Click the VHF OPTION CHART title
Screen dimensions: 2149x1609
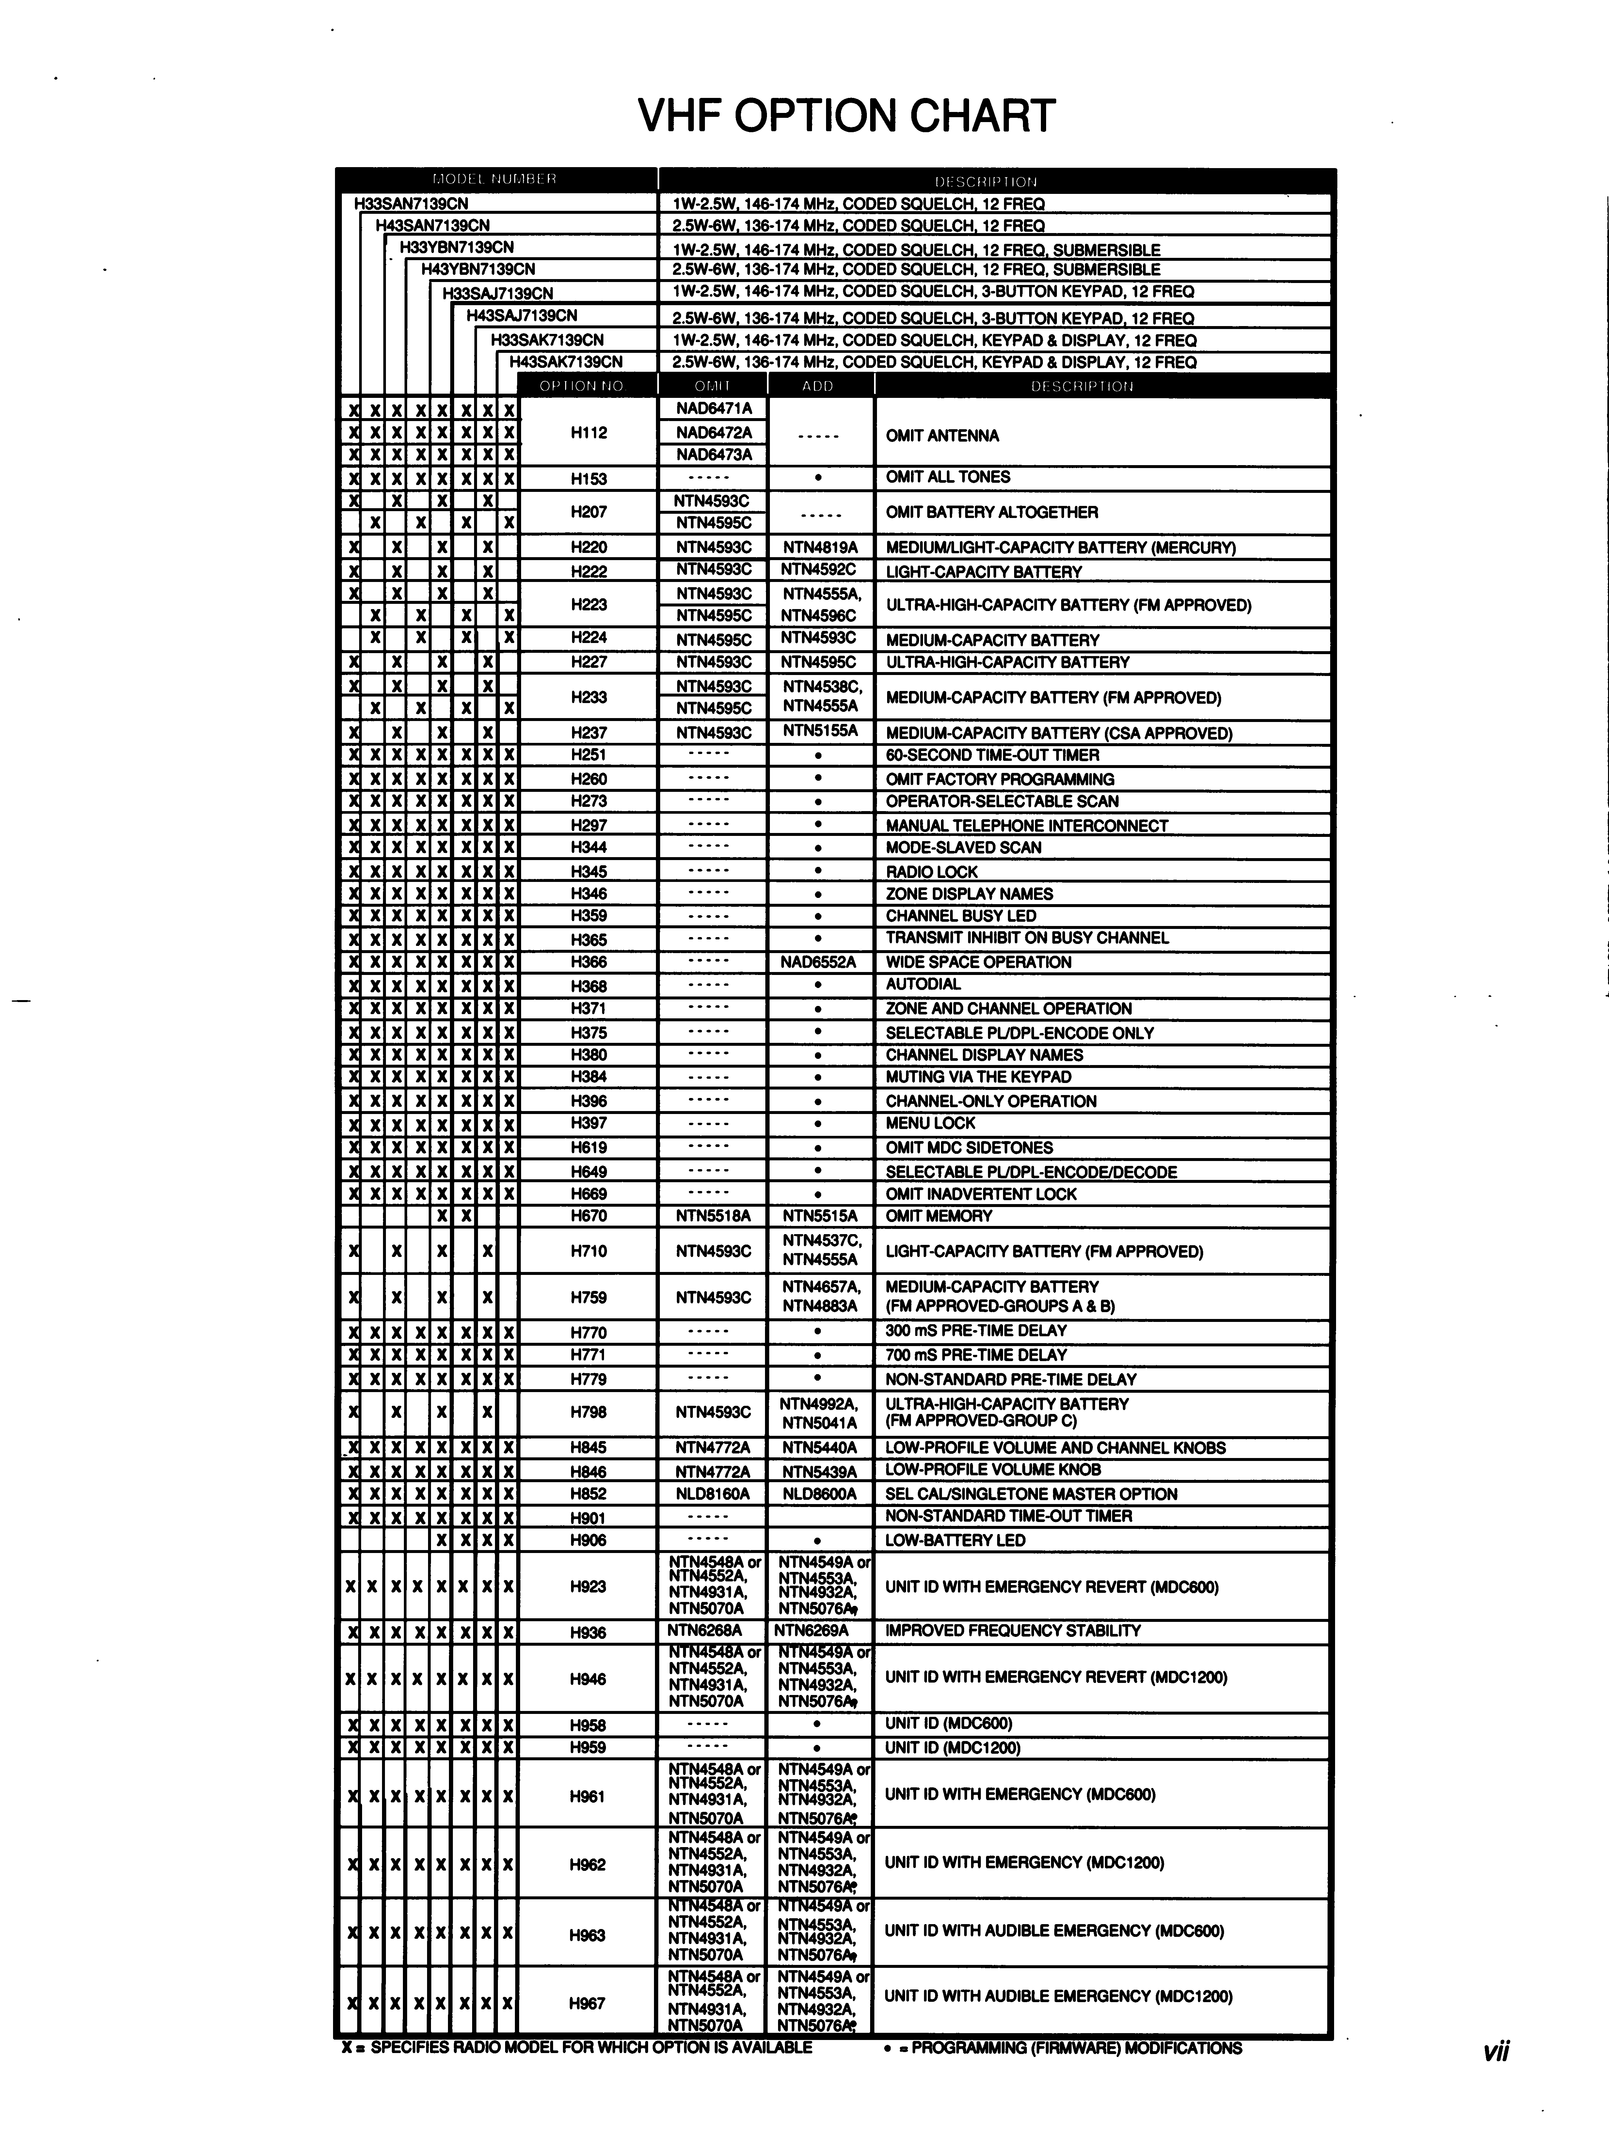(845, 116)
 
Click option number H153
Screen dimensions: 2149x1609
(588, 478)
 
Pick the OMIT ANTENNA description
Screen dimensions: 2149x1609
(942, 435)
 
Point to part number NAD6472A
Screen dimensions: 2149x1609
(713, 432)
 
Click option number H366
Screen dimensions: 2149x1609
(588, 962)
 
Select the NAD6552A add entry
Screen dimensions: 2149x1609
(818, 962)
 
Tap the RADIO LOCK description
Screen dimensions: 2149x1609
(931, 871)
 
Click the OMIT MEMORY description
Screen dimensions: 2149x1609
(939, 1216)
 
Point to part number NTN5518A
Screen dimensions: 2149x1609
(713, 1216)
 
